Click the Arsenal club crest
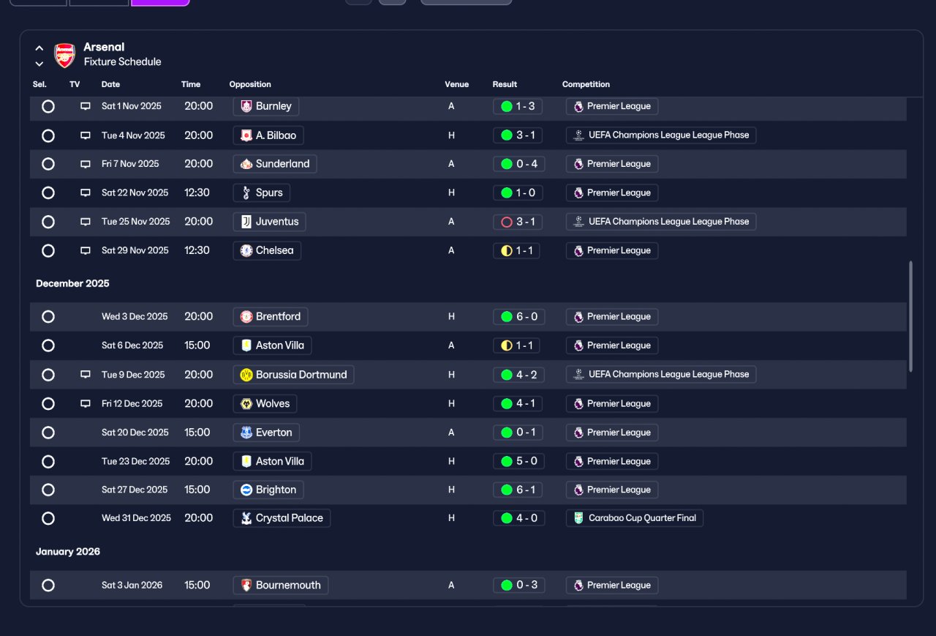point(65,55)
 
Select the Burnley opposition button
point(265,106)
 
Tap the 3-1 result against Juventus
point(517,222)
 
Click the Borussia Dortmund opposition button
point(293,375)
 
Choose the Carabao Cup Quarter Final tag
point(634,518)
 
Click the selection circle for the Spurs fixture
point(48,192)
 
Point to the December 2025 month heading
point(72,283)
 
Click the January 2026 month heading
point(68,552)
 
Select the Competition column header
point(586,84)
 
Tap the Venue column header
point(457,84)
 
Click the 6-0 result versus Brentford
point(518,317)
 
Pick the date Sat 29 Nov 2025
point(135,250)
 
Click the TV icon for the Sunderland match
point(86,164)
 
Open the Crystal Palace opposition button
point(282,518)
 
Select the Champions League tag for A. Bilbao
point(660,135)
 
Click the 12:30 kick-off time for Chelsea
point(197,250)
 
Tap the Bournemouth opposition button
point(280,586)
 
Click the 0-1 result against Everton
point(518,433)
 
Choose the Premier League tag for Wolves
point(612,403)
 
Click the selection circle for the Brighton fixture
point(48,490)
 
